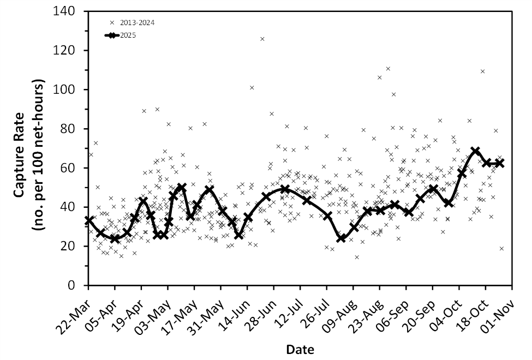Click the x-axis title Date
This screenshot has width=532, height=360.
point(300,349)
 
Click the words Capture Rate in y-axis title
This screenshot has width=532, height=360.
point(18,147)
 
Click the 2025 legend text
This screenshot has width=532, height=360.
point(128,35)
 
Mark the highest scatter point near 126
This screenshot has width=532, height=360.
point(262,39)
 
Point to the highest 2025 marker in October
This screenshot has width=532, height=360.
point(475,151)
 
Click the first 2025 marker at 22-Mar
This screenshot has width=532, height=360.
point(89,220)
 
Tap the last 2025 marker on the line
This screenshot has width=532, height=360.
point(499,163)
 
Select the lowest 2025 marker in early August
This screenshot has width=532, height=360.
point(342,238)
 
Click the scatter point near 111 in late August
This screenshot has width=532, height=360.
point(388,69)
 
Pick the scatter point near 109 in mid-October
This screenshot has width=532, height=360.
point(482,71)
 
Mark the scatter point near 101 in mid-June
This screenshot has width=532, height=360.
point(252,88)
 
